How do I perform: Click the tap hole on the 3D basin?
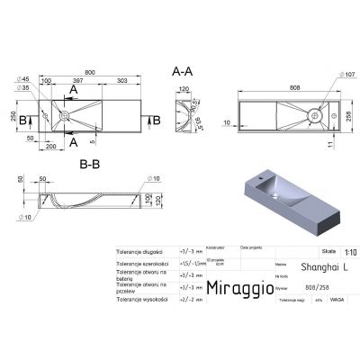click(x=268, y=182)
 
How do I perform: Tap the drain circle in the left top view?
click(x=64, y=117)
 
